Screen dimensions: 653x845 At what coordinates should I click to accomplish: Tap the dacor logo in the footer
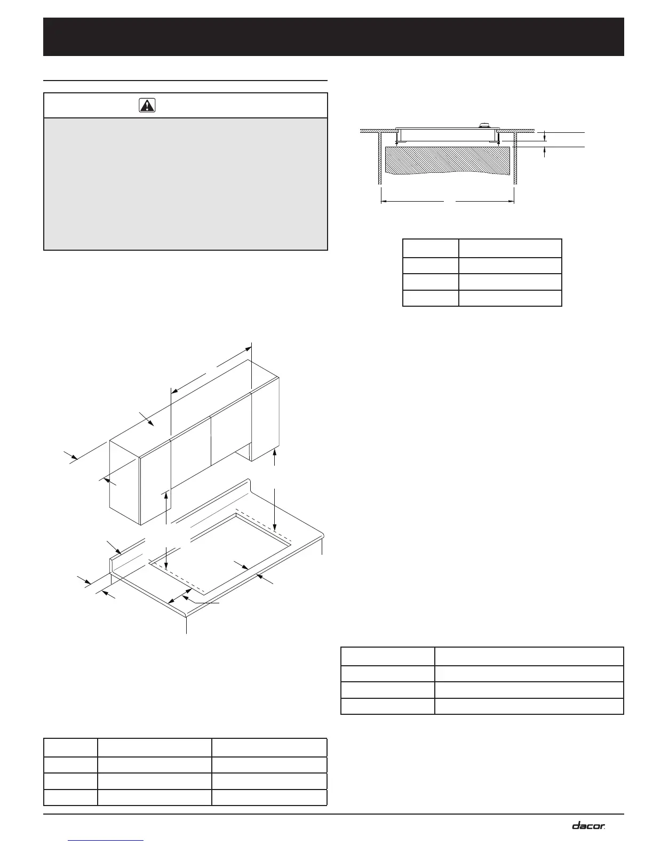tap(588, 825)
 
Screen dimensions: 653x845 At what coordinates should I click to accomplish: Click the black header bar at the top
tap(333, 37)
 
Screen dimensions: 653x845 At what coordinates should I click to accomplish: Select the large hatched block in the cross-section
tap(447, 160)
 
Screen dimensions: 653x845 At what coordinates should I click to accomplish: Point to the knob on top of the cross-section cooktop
tap(483, 126)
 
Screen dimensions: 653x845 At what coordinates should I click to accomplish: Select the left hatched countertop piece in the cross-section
tap(378, 130)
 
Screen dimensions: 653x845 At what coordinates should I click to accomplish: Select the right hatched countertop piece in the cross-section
tap(516, 130)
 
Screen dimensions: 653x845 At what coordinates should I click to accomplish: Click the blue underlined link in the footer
tap(107, 841)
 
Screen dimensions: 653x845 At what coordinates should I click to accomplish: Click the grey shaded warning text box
tap(185, 184)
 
